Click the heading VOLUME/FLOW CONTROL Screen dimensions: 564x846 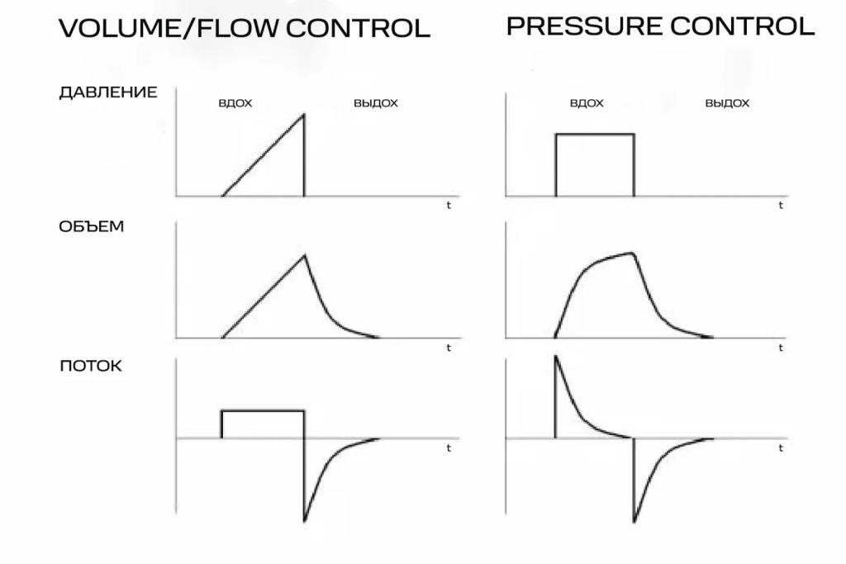point(245,28)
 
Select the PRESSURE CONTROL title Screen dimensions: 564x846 point(660,26)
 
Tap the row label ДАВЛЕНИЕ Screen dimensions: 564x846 point(108,92)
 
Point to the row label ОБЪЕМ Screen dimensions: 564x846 point(92,226)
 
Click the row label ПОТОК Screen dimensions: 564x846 point(91,366)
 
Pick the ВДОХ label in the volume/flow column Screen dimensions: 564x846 point(235,104)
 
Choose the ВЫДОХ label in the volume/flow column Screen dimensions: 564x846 point(376,104)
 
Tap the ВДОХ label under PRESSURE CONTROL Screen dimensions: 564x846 point(587,104)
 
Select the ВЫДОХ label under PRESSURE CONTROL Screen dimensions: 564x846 point(728,104)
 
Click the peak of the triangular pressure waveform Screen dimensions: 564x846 point(303,114)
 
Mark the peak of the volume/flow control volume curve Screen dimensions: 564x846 point(304,254)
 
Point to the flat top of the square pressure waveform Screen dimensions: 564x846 point(595,134)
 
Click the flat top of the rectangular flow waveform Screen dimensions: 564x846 point(263,410)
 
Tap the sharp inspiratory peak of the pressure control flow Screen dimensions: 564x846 point(555,357)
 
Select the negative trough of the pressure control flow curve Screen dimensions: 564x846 point(634,522)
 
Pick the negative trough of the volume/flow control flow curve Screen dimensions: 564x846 point(304,522)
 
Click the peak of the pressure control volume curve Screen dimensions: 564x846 point(633,253)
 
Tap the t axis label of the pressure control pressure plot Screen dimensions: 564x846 point(780,206)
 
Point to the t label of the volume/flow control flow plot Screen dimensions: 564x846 point(449,448)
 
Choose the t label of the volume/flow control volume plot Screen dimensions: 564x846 point(449,348)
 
